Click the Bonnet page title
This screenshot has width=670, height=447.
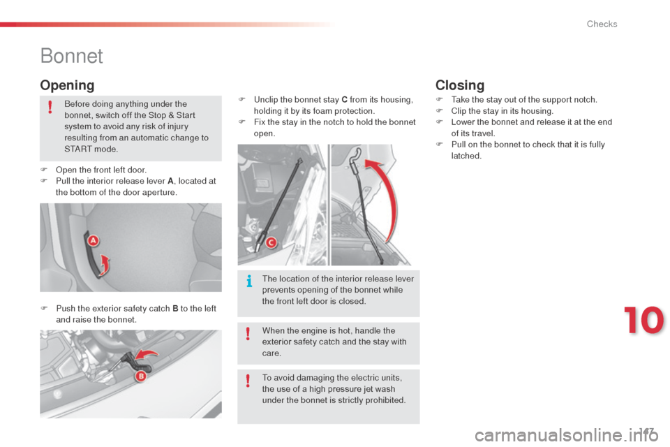(x=71, y=56)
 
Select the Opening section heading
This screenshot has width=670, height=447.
(x=67, y=85)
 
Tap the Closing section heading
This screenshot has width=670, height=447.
(x=460, y=85)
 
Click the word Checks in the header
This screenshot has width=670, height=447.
(x=602, y=24)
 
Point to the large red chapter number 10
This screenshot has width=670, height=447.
(x=644, y=320)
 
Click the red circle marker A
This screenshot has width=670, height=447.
(x=93, y=241)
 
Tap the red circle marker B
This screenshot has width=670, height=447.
(x=140, y=376)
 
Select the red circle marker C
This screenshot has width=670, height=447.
(x=271, y=243)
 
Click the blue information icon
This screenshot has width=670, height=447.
(x=249, y=281)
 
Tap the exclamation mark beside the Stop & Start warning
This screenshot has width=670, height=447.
(x=50, y=106)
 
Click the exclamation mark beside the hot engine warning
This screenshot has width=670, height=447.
(x=248, y=333)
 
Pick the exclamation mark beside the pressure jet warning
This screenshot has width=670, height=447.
(x=248, y=380)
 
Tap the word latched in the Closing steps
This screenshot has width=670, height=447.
(x=466, y=156)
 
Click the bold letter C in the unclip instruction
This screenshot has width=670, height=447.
(x=344, y=100)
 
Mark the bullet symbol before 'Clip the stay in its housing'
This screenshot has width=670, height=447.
(x=439, y=111)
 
